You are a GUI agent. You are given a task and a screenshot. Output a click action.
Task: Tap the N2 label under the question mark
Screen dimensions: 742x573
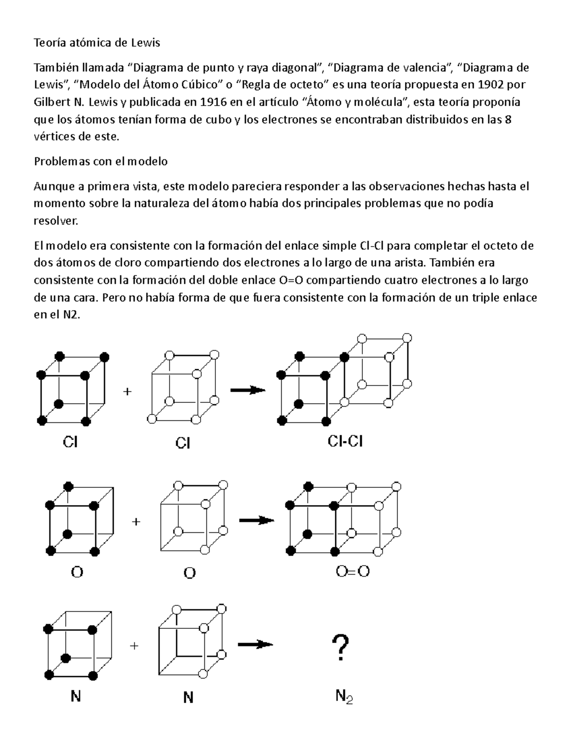(x=343, y=697)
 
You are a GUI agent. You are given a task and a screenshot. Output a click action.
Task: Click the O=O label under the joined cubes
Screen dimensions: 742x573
(x=352, y=571)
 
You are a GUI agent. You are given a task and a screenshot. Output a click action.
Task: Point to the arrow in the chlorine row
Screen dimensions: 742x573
(x=247, y=390)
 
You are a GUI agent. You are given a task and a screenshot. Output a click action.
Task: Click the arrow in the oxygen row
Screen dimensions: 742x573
(x=256, y=520)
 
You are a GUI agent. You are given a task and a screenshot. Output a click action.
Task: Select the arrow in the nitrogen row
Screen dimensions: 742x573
(x=255, y=645)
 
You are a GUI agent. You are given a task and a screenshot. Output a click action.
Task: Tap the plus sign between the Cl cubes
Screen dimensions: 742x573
(x=127, y=392)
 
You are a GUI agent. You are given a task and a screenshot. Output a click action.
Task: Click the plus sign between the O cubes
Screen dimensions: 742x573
(x=136, y=522)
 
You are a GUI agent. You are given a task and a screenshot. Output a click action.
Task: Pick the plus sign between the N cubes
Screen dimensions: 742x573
(x=134, y=646)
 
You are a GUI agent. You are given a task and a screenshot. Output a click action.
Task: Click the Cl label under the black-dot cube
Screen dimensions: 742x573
(x=70, y=442)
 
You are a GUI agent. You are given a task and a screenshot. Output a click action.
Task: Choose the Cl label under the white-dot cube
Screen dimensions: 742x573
(x=183, y=443)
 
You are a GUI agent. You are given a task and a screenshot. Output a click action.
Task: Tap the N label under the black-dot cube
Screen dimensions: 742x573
(x=75, y=697)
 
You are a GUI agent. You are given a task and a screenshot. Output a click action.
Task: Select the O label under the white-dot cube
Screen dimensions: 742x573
(x=190, y=573)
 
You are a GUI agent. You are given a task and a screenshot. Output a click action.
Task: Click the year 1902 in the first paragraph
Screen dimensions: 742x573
(x=488, y=85)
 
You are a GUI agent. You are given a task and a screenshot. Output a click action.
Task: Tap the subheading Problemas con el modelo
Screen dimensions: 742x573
(x=101, y=161)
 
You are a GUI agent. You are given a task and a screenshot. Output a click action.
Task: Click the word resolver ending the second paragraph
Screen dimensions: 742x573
(x=54, y=221)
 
